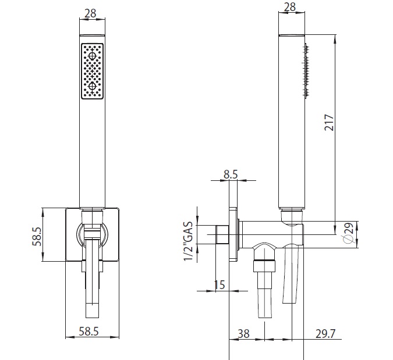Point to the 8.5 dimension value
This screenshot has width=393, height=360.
tap(231, 173)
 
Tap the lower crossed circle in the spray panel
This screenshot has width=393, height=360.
tap(92, 87)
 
